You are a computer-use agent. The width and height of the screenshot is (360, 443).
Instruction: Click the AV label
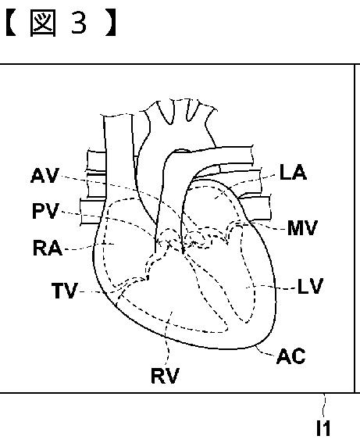coord(45,176)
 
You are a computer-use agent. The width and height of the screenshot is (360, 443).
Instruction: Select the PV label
coord(46,211)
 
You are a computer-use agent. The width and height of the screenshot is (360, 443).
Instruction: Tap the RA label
coord(48,248)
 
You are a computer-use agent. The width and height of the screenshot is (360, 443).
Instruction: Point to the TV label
coord(65,291)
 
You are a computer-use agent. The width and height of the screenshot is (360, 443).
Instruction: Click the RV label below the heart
coord(166,376)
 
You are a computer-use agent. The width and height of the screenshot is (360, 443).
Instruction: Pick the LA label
coord(293,172)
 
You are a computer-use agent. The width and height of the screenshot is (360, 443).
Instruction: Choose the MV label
coord(302,227)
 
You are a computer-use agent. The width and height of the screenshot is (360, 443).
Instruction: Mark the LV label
coord(310,286)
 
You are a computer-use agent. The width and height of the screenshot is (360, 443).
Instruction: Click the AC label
coord(291,356)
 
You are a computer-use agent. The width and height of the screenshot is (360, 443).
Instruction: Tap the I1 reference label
coord(323,428)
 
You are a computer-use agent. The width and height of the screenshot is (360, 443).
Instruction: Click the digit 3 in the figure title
coord(79,23)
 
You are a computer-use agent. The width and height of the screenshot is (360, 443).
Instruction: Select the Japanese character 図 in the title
coord(43,23)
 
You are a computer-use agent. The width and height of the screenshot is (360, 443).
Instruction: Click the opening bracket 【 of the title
coord(11,23)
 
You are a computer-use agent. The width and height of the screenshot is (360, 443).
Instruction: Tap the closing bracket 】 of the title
coord(111,23)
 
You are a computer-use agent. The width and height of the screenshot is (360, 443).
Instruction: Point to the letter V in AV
coord(52,176)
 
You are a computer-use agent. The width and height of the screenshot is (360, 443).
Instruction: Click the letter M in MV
coord(295,227)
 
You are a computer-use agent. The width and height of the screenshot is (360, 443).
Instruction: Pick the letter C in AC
coord(299,356)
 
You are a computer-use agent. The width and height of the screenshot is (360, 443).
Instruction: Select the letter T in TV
coord(58,291)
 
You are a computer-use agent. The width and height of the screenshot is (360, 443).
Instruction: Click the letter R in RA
coord(40,248)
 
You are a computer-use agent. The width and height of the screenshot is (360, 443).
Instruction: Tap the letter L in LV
coord(303,286)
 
